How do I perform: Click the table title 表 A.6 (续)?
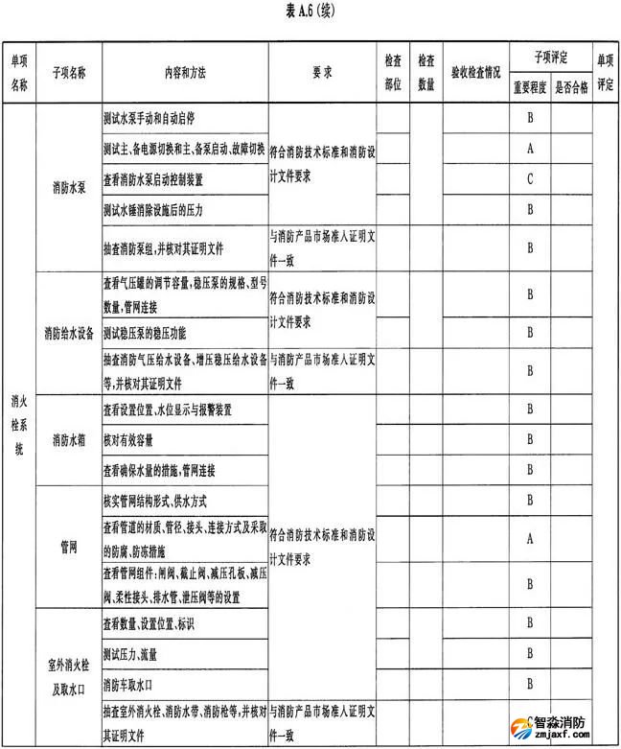310,12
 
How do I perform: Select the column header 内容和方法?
184,72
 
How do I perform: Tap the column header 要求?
322,72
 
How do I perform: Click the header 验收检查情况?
473,72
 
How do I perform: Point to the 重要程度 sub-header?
529,84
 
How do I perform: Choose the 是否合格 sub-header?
572,84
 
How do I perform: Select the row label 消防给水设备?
69,334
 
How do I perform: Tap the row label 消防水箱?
69,439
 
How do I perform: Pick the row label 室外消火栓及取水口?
69,669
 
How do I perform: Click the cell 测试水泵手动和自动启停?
149,120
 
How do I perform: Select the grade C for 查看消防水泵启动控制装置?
529,178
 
